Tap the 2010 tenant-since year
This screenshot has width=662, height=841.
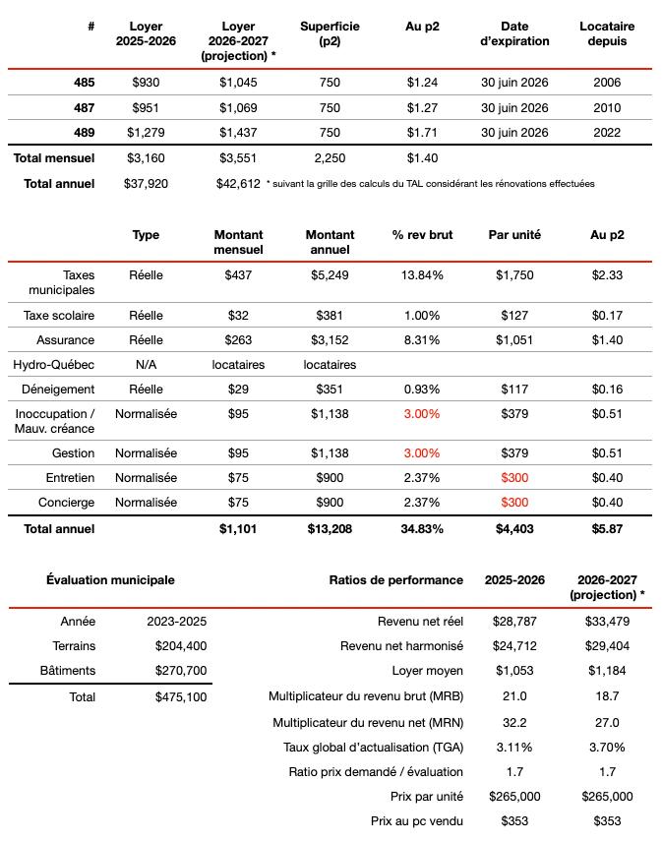click(x=607, y=107)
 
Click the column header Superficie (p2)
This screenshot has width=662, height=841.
click(x=330, y=33)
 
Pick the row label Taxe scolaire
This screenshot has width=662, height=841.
click(x=60, y=315)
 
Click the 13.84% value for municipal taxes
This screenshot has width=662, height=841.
click(x=422, y=274)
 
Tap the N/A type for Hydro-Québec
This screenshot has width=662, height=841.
click(x=146, y=364)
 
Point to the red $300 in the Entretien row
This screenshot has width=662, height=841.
click(x=514, y=478)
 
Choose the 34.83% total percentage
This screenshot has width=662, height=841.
click(x=422, y=528)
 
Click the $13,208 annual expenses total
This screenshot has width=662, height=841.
click(x=330, y=528)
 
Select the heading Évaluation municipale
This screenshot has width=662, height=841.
click(x=111, y=579)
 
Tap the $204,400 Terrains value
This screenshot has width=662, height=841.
click(x=181, y=646)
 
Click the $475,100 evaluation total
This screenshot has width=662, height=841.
click(x=181, y=696)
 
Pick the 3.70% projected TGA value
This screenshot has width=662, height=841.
click(x=607, y=747)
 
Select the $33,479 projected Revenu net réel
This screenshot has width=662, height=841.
click(x=607, y=622)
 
